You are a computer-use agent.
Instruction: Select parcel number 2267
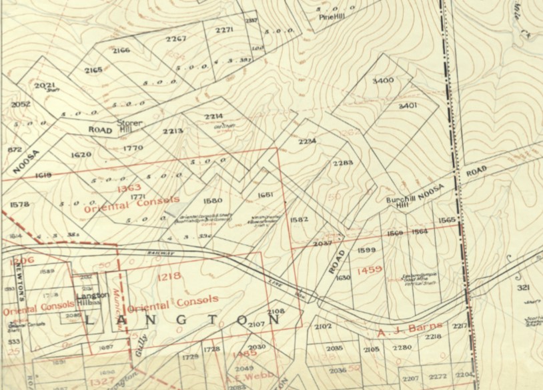click(175, 39)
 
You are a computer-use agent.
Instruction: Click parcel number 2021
click(45, 85)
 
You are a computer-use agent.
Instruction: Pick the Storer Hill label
click(126, 127)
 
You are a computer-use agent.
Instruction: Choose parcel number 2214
click(213, 116)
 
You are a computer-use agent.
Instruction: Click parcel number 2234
click(307, 141)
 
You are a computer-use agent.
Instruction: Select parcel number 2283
click(343, 163)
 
